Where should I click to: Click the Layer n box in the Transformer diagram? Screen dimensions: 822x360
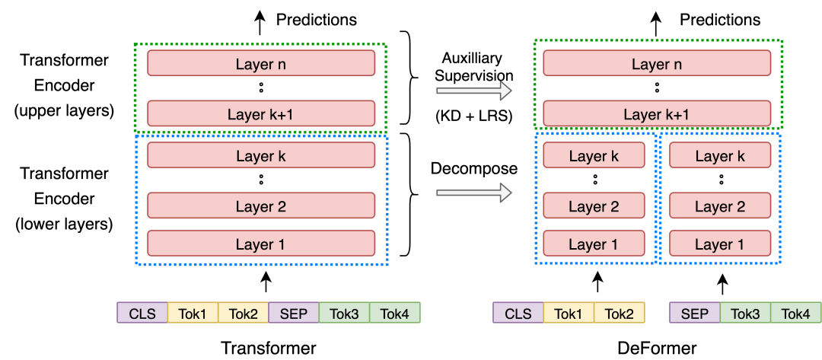pos(261,63)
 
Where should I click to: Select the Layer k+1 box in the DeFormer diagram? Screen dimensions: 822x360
pos(657,113)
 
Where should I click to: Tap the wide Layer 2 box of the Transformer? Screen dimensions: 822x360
pos(261,205)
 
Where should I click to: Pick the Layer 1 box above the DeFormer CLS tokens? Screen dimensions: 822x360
pos(594,244)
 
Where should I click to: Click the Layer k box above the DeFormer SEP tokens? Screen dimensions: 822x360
pos(721,155)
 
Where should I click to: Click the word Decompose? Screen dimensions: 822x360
pos(474,169)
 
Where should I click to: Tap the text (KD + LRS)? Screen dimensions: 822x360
pos(474,117)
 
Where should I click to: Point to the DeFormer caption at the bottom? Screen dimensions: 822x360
pos(658,348)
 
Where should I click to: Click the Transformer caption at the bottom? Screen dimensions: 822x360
pos(269,348)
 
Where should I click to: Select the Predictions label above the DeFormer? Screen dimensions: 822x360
pos(720,20)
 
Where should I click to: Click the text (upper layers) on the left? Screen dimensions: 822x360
pos(65,111)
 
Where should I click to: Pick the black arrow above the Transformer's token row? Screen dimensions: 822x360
pos(267,282)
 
